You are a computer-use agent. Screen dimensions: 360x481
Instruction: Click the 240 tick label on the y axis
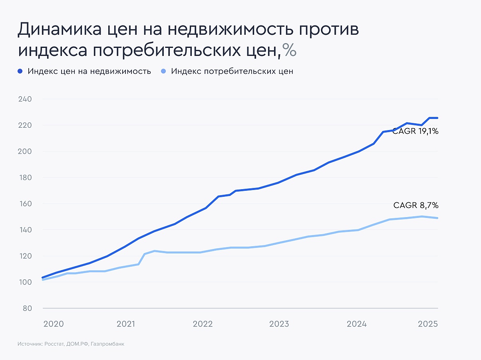25,99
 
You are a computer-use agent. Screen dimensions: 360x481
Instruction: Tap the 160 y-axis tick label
25,204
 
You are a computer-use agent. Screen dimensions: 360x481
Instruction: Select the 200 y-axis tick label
25,152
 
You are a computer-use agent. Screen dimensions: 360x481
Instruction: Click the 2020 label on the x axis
53,324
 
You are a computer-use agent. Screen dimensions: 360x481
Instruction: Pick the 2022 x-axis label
203,324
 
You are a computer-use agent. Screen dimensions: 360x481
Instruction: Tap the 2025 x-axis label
428,324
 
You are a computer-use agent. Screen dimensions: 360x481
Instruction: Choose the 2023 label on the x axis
279,324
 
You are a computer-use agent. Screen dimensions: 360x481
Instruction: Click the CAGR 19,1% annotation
415,131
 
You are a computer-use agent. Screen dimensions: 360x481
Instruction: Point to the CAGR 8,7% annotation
416,206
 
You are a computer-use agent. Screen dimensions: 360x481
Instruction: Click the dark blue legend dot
21,71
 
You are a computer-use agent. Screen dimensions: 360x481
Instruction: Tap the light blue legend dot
163,71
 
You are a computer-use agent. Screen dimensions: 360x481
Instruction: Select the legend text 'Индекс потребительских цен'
232,72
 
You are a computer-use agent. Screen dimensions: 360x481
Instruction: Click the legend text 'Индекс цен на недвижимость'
89,72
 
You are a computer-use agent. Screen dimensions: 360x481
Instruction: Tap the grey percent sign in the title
289,50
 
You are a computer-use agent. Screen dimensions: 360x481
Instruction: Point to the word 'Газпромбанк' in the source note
110,344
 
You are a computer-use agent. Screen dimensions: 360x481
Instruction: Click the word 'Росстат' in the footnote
56,344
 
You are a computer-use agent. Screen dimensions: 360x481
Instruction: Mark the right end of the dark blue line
437,118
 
